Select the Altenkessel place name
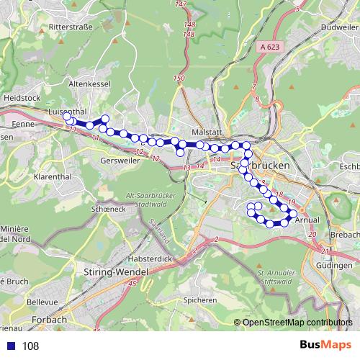[88, 84]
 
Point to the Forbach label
[50, 319]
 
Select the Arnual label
[307, 219]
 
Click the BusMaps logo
[325, 345]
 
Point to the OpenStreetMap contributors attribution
[297, 323]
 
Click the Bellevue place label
[42, 302]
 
